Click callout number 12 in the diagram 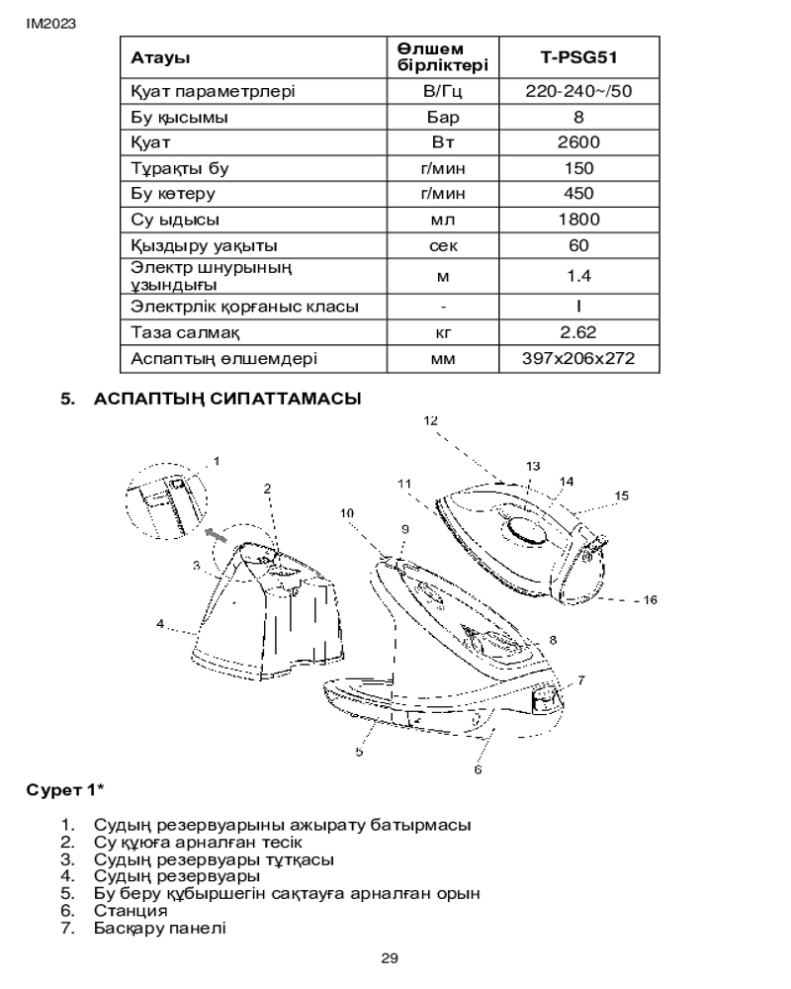430,419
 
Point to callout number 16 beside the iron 651,599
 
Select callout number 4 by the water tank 159,623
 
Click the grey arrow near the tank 213,535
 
